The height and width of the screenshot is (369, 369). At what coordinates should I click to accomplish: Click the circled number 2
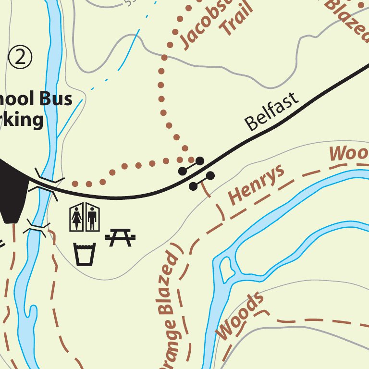(x=20, y=57)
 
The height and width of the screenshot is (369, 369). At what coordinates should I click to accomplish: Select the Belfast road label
(x=271, y=111)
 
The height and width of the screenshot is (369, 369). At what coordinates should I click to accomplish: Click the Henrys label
(x=256, y=184)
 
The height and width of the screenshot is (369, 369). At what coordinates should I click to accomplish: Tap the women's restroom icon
(x=77, y=217)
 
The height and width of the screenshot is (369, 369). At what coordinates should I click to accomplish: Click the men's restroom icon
(x=92, y=217)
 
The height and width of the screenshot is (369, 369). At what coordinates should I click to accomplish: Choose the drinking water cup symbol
(x=85, y=253)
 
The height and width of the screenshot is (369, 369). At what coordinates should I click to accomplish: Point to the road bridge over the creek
(x=46, y=184)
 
